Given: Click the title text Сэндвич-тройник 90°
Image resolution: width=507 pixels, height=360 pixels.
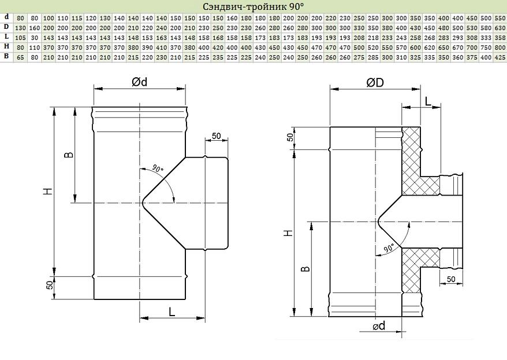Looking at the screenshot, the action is pyautogui.click(x=254, y=6).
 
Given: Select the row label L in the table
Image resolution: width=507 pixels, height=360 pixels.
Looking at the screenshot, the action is pyautogui.click(x=6, y=37).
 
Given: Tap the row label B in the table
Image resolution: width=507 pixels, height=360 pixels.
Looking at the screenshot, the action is pyautogui.click(x=6, y=56).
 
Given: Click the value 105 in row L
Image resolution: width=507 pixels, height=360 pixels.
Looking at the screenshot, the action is pyautogui.click(x=20, y=38).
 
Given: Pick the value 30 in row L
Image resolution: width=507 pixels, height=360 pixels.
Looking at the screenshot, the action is pyautogui.click(x=35, y=38).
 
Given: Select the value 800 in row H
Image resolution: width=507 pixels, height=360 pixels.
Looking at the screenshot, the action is pyautogui.click(x=500, y=47).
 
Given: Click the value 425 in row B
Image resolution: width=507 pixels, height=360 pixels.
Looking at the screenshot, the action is pyautogui.click(x=500, y=58).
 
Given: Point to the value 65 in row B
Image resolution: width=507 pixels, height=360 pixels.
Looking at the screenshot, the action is pyautogui.click(x=20, y=58).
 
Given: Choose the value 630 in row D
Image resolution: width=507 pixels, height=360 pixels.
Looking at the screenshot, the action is pyautogui.click(x=500, y=28).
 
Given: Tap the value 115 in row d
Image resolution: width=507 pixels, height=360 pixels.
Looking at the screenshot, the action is pyautogui.click(x=77, y=18).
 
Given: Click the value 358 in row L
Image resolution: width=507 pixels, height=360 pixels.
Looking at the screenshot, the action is pyautogui.click(x=500, y=38).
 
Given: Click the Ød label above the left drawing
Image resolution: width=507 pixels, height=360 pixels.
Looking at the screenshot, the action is pyautogui.click(x=139, y=82).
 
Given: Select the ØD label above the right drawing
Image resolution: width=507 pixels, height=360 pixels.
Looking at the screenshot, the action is pyautogui.click(x=375, y=82).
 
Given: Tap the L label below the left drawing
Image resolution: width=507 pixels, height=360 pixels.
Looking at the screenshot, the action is pyautogui.click(x=172, y=312).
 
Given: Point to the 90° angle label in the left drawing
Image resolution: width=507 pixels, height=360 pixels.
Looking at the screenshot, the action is pyautogui.click(x=158, y=168).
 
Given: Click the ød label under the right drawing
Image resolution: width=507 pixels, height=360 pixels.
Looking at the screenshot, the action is pyautogui.click(x=379, y=326).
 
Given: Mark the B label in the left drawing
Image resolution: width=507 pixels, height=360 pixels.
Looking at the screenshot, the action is pyautogui.click(x=69, y=155).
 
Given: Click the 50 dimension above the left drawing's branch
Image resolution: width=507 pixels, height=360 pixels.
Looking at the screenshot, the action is pyautogui.click(x=217, y=136).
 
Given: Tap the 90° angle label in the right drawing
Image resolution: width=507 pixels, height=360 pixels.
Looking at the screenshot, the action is pyautogui.click(x=389, y=248).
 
